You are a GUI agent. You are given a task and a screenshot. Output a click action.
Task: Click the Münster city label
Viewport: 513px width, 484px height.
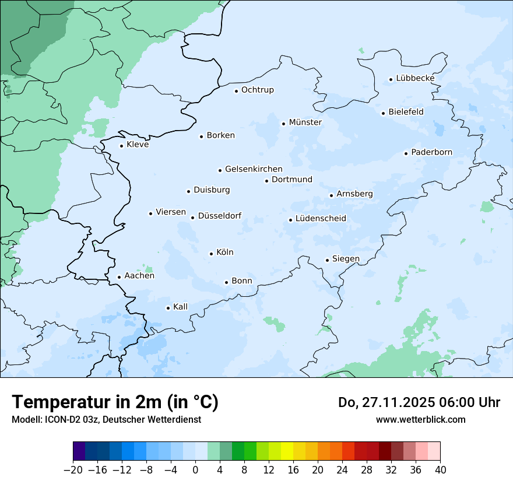(x=305, y=122)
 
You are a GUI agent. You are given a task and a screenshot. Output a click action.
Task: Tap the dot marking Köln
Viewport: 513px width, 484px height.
(x=211, y=254)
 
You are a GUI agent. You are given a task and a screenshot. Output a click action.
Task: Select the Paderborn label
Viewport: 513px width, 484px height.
(x=431, y=153)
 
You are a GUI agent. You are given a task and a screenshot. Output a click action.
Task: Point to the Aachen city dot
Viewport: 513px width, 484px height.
(x=119, y=278)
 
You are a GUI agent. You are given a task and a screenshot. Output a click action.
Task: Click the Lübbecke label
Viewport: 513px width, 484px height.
(x=415, y=78)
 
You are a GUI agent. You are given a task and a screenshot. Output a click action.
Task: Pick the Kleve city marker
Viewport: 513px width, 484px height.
(x=121, y=146)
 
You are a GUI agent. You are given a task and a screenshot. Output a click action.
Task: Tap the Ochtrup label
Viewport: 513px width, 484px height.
(x=257, y=90)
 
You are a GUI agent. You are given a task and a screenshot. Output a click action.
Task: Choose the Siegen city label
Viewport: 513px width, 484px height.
(x=346, y=259)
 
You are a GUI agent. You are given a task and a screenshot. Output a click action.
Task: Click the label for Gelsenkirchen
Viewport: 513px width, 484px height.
(x=254, y=169)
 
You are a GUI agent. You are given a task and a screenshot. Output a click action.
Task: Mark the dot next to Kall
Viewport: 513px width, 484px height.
(x=168, y=308)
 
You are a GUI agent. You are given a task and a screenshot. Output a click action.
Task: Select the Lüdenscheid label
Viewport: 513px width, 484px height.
(x=321, y=219)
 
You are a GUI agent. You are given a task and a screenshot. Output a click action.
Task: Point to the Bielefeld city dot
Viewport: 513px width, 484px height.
(x=383, y=113)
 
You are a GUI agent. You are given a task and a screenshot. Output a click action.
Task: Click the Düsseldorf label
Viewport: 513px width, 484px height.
(x=220, y=216)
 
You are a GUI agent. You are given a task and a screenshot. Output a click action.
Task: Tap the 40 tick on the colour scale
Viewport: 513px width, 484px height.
(x=440, y=470)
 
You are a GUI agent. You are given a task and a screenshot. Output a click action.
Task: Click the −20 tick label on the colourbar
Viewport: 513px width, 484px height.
(x=73, y=470)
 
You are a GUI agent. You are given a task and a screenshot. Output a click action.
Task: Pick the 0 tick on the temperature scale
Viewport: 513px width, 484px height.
(x=195, y=470)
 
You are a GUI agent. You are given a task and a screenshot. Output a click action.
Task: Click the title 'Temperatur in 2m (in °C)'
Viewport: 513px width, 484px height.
(x=115, y=402)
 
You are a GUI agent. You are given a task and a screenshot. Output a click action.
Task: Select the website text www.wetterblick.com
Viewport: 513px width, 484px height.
(x=420, y=419)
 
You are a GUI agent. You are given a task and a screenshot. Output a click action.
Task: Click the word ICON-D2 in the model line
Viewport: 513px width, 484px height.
(x=55, y=419)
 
